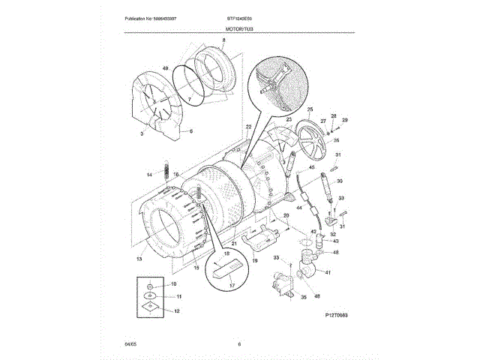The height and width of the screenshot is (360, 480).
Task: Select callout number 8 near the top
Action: point(223,39)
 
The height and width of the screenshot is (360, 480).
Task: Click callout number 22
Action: point(247,126)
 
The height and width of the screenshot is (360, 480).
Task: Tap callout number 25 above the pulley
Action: point(309,110)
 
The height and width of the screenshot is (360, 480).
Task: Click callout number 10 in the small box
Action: point(173,284)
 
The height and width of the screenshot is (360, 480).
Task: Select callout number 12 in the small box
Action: point(177,310)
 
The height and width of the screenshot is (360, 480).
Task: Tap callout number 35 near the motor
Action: point(304,297)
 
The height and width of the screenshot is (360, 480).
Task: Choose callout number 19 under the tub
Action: point(254,260)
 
